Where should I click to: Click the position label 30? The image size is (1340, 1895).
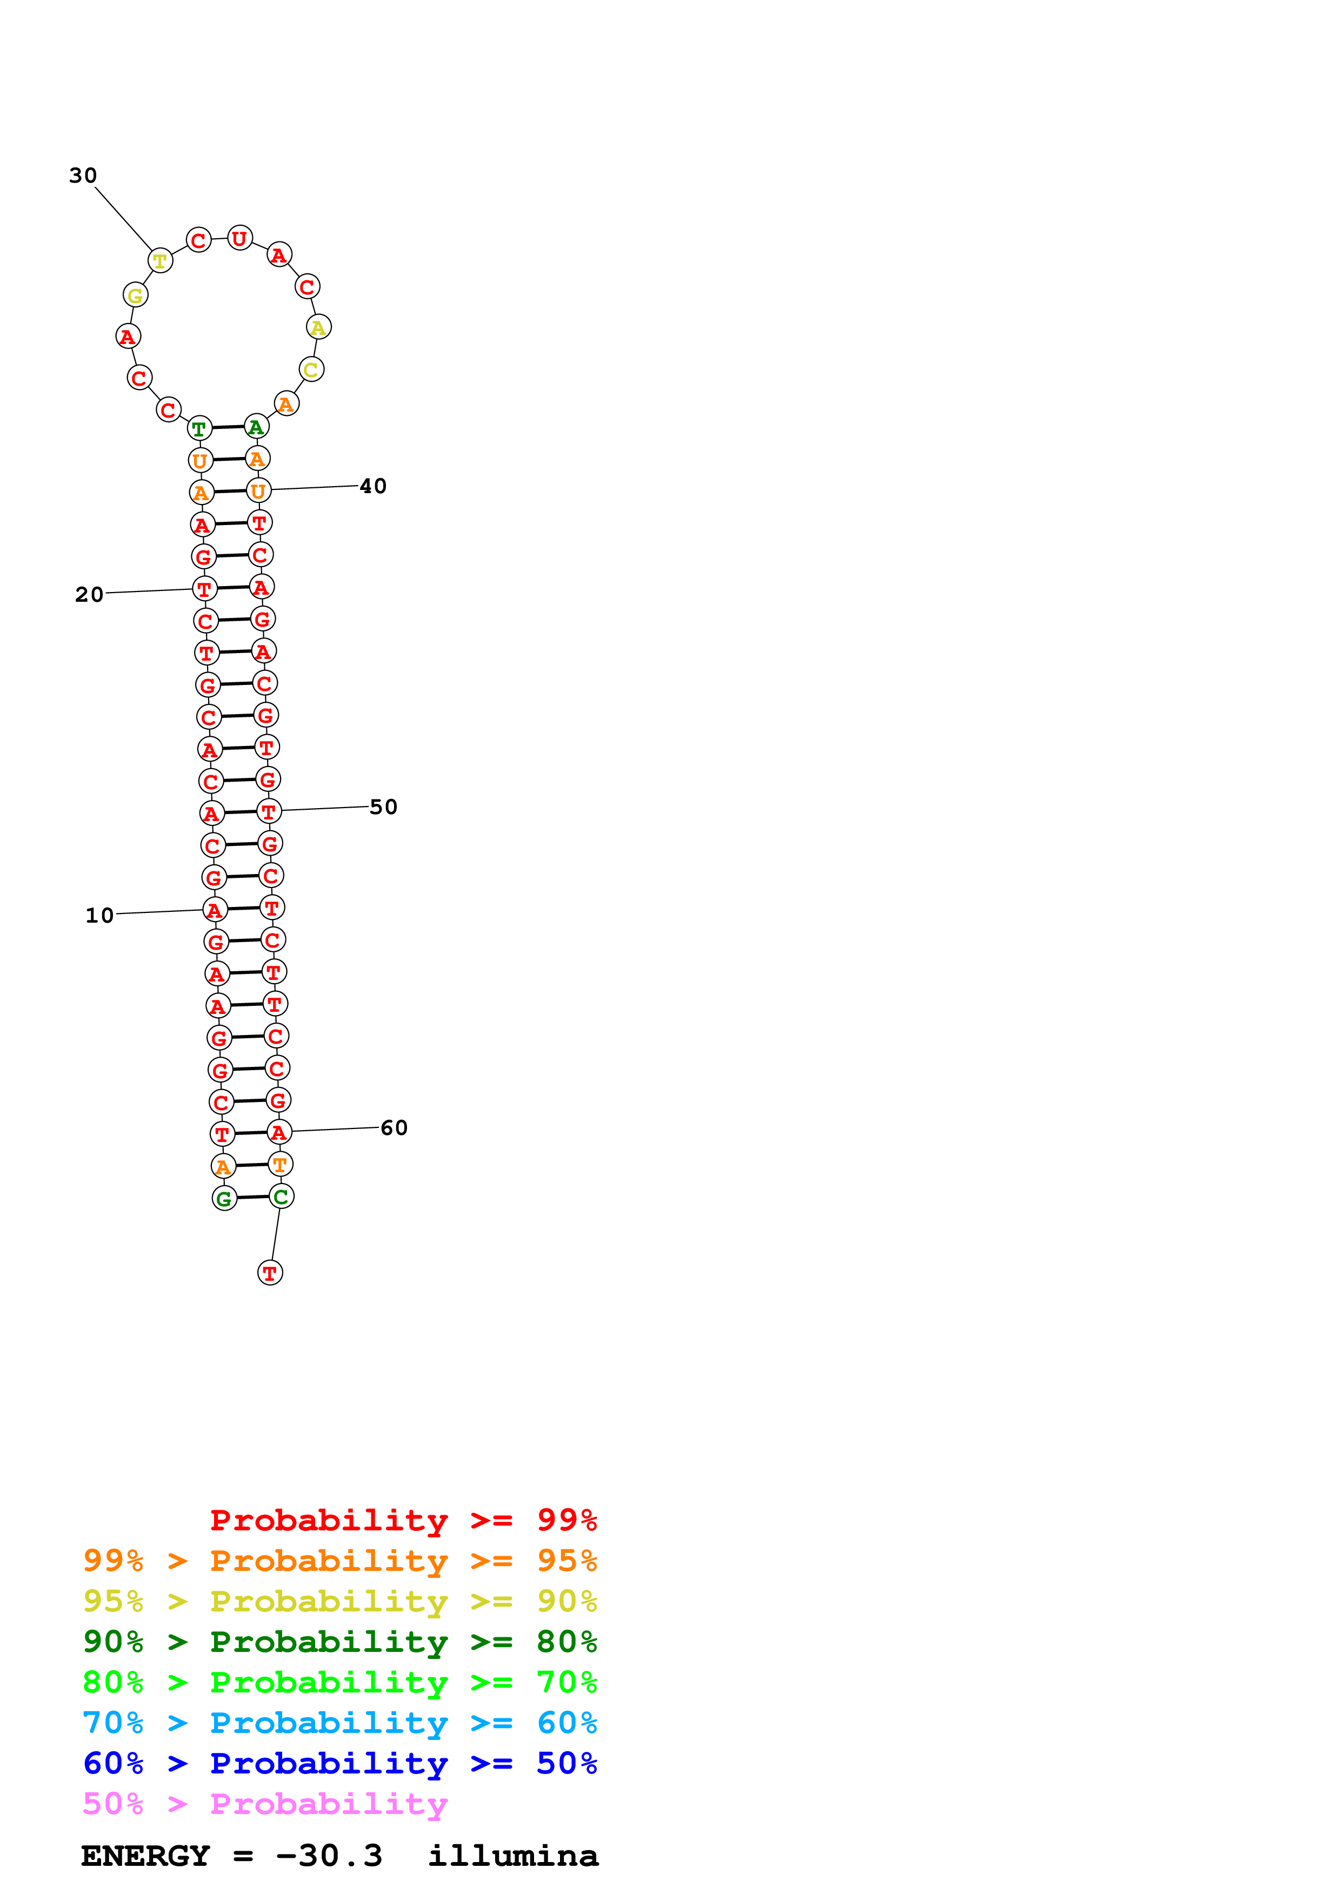(83, 175)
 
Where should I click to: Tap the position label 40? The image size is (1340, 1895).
(373, 486)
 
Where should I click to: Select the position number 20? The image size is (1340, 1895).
(89, 594)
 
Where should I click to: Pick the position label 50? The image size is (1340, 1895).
(384, 807)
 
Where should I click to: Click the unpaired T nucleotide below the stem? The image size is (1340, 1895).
(270, 1273)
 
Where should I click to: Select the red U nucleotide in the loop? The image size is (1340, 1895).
(239, 239)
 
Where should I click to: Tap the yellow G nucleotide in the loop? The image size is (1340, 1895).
(135, 294)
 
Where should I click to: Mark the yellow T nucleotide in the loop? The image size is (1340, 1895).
(160, 261)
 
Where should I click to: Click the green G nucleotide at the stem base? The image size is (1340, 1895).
(224, 1198)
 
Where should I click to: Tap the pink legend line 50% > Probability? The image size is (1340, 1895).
(265, 1804)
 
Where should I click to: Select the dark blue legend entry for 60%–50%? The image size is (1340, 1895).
(339, 1764)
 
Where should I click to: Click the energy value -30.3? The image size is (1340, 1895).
(329, 1856)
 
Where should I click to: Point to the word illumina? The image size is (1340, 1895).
(513, 1856)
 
